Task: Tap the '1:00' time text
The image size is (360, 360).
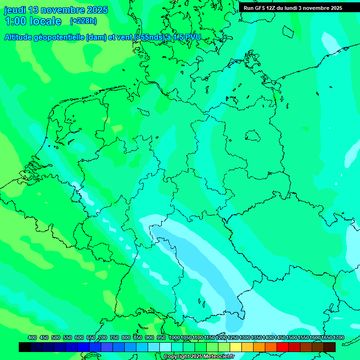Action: coord(15,21)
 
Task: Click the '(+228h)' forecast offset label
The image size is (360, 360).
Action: coord(84,21)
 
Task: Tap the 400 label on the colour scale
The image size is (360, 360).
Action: coord(32,338)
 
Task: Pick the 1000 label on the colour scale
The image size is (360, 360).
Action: coord(174,338)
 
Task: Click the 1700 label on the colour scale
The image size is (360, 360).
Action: coord(338,338)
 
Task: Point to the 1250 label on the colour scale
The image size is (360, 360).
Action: coord(233,338)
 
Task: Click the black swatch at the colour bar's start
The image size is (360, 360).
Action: coord(25,347)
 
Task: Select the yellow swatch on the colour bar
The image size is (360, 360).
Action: coord(236,347)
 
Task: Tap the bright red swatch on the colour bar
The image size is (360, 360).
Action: coord(283,347)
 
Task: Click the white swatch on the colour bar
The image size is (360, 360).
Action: coord(165,347)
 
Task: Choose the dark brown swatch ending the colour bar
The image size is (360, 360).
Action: coord(330,347)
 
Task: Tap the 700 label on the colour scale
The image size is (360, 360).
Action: coord(103,338)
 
